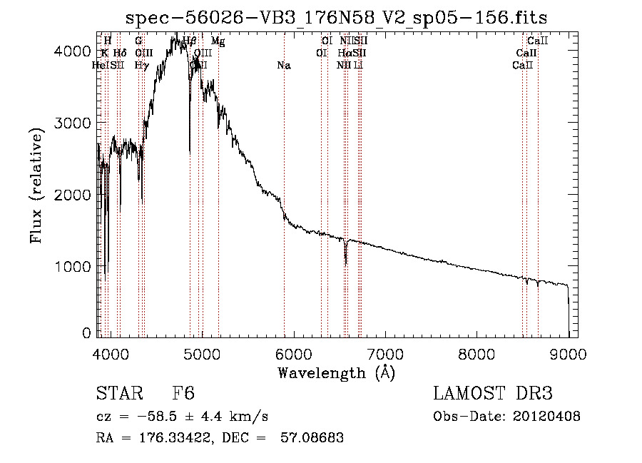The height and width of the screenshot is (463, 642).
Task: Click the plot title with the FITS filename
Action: (336, 18)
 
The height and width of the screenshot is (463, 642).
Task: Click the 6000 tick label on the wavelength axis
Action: (293, 353)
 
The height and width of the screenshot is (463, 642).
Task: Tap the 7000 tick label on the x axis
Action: (385, 353)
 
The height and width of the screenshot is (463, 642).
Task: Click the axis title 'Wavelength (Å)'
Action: (336, 372)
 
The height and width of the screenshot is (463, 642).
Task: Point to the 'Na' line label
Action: (284, 66)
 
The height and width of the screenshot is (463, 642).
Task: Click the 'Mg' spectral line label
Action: (218, 41)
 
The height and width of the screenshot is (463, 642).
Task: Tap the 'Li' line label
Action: (359, 66)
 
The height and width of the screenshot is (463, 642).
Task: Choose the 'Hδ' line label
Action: (120, 54)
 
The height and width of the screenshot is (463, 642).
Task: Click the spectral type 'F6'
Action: (183, 394)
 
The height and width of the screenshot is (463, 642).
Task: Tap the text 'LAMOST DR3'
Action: (493, 394)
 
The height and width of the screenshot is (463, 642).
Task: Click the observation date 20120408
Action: (546, 417)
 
